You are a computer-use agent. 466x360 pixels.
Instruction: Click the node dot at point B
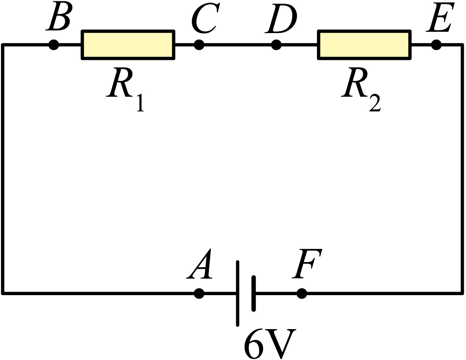(53, 45)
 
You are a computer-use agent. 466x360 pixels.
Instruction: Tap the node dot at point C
(199, 45)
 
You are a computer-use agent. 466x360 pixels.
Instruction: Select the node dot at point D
(276, 45)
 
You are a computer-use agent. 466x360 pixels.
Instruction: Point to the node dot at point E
(436, 45)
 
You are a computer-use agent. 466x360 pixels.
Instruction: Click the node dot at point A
(199, 293)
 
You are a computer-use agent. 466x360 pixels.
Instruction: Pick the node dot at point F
(302, 293)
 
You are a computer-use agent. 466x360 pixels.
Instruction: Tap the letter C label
(206, 18)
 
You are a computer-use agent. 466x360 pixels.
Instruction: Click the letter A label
(199, 264)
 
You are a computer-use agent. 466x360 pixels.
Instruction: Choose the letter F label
(307, 263)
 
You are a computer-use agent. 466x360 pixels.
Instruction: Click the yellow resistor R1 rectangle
(128, 45)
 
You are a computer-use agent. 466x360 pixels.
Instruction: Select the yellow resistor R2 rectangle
(365, 45)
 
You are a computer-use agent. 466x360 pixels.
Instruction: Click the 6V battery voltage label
(270, 343)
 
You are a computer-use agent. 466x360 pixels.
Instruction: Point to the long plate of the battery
(237, 293)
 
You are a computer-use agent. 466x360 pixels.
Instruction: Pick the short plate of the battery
(253, 293)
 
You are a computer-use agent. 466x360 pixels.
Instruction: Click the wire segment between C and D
(237, 45)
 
